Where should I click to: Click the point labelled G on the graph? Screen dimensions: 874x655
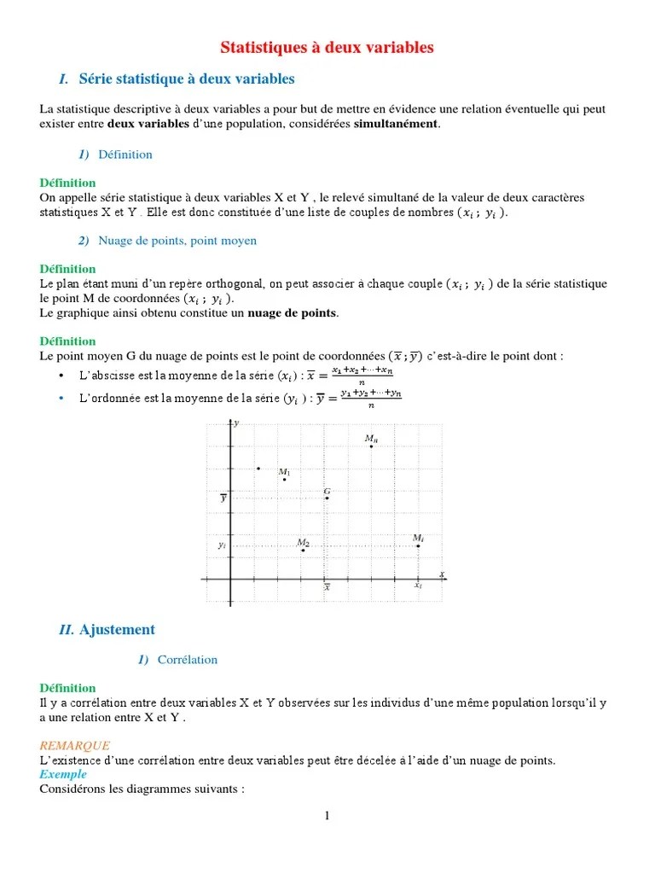pyautogui.click(x=327, y=498)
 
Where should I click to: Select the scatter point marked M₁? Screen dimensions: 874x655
pyautogui.click(x=285, y=480)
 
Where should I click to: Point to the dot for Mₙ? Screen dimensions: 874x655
pyautogui.click(x=371, y=446)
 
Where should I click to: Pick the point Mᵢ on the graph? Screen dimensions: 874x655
pyautogui.click(x=418, y=545)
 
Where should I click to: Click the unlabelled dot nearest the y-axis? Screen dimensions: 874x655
pyautogui.click(x=258, y=468)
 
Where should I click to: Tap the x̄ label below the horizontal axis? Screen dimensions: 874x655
pyautogui.click(x=327, y=587)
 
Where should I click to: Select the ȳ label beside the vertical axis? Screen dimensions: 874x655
pyautogui.click(x=223, y=498)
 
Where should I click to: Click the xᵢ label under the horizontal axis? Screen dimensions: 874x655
pyautogui.click(x=418, y=586)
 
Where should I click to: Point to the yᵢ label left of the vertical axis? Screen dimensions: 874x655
pyautogui.click(x=222, y=545)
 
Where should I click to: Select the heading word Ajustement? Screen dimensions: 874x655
pyautogui.click(x=117, y=630)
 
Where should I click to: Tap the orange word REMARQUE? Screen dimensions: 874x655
pyautogui.click(x=75, y=745)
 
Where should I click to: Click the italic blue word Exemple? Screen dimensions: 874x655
pyautogui.click(x=63, y=774)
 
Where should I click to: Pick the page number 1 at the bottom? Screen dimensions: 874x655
pyautogui.click(x=327, y=816)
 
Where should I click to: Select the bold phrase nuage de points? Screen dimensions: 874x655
pyautogui.click(x=293, y=313)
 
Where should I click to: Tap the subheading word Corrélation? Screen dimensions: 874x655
pyautogui.click(x=188, y=660)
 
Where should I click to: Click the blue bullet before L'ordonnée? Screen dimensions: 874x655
pyautogui.click(x=61, y=399)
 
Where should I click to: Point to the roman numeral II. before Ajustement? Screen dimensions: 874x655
pyautogui.click(x=67, y=630)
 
